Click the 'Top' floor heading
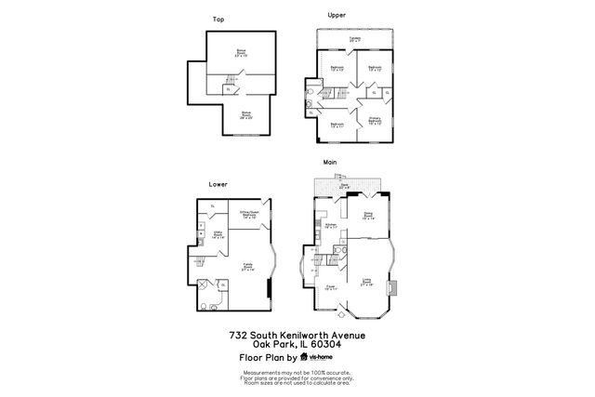point(218,20)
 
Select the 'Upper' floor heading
point(337,15)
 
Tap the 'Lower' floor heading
point(218,184)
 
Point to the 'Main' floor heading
point(329,162)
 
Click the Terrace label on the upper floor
point(355,39)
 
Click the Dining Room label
point(368,217)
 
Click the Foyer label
point(331,288)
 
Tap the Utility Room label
point(218,236)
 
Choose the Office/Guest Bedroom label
point(248,215)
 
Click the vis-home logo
point(320,357)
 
